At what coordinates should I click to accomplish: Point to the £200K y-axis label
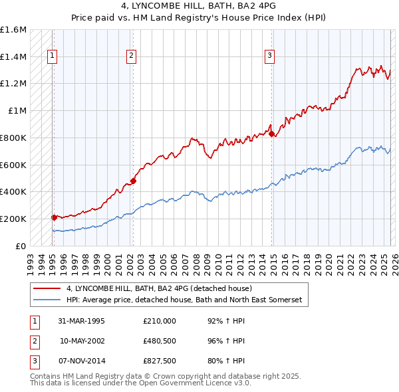coord(13,219)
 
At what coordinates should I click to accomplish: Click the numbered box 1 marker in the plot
coord(53,56)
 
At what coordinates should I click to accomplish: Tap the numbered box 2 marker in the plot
coord(132,56)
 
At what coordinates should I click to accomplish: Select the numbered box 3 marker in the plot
coord(270,56)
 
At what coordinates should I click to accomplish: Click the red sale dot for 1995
coord(54,217)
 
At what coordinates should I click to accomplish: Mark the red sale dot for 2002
coord(133,180)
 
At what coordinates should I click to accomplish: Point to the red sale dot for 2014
coord(271,134)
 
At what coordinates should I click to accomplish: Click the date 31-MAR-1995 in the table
coord(81,321)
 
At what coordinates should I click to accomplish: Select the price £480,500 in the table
coord(160,342)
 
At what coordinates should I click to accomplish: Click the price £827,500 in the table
coord(160,362)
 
